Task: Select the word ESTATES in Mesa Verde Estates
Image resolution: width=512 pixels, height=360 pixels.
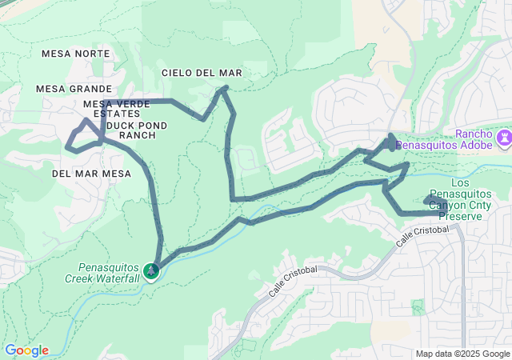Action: [117, 114]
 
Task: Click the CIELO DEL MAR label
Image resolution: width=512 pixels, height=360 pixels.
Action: [202, 73]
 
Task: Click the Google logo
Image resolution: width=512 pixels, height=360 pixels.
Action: [26, 350]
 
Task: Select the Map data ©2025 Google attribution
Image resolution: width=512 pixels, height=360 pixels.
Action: [462, 354]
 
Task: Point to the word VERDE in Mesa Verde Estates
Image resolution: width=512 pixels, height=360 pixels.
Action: [133, 104]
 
